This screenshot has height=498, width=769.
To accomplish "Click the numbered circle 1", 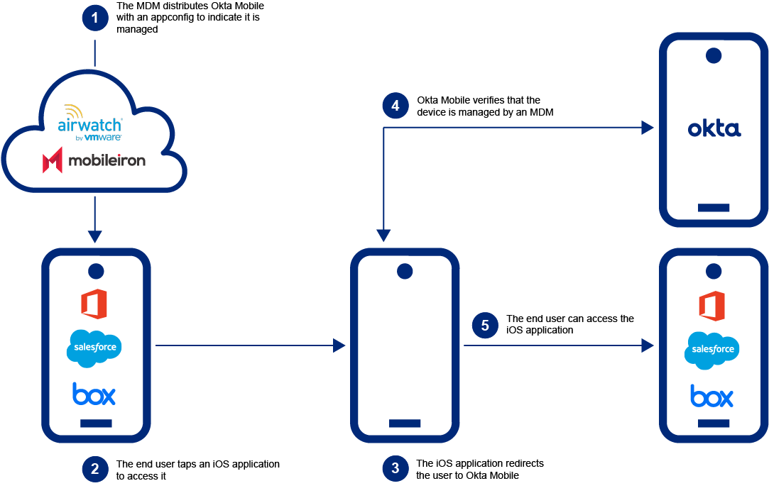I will click(x=94, y=18).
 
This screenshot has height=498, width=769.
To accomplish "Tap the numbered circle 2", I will click(x=94, y=469).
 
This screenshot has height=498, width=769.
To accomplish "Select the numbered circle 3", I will click(x=396, y=469).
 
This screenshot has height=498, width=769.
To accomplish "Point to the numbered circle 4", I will click(x=396, y=106).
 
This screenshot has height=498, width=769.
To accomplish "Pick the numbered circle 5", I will click(x=485, y=325).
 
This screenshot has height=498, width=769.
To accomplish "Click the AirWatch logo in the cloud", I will click(x=92, y=123).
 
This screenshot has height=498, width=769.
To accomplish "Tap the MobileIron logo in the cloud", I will click(x=94, y=161).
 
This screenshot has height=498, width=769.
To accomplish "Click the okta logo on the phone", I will click(x=714, y=128).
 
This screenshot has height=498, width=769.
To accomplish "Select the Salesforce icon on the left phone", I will click(x=94, y=348).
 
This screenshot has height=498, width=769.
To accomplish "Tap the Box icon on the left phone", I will click(x=94, y=394).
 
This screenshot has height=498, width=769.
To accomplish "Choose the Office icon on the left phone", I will click(x=94, y=304).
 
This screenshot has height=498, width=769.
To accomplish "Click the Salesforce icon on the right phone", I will click(x=711, y=350).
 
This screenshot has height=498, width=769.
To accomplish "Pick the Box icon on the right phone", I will click(x=711, y=396).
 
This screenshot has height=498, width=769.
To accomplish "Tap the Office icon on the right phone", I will click(x=711, y=306).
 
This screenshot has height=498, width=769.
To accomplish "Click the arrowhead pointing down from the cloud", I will click(x=94, y=236).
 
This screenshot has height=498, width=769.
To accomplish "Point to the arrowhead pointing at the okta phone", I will click(x=647, y=128).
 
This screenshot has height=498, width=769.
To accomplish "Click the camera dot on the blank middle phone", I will click(x=405, y=271).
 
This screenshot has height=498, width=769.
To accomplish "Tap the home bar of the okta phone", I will click(x=714, y=208).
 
